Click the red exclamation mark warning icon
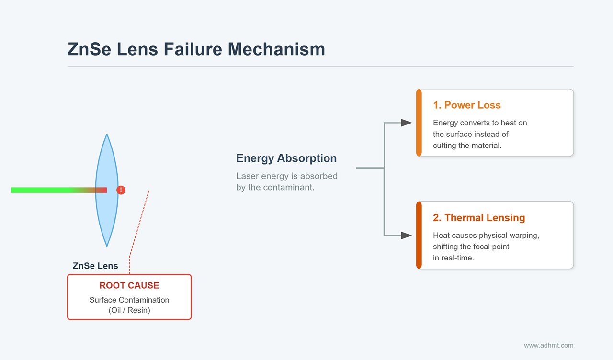point(121,190)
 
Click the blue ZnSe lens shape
point(106,163)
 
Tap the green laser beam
point(43,190)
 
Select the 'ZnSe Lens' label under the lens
point(95,266)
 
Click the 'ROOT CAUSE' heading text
point(129,286)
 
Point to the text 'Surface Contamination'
point(129,300)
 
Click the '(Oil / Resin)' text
point(129,310)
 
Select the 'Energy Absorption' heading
point(286,158)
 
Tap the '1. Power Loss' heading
point(467,105)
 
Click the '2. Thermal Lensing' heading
point(479,218)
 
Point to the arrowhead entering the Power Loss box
point(407,123)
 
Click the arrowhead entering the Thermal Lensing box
point(407,235)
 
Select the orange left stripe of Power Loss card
point(419,123)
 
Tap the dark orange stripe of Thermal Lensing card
point(419,235)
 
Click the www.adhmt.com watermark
point(548,345)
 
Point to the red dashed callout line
point(140,225)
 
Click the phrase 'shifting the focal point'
point(471,247)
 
